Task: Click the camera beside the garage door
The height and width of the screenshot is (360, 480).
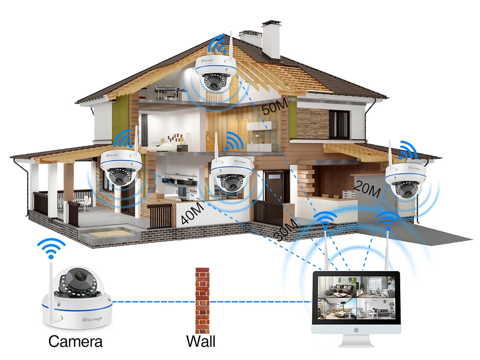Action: [x=405, y=180]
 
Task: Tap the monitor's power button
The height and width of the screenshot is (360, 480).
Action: [x=357, y=332]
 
